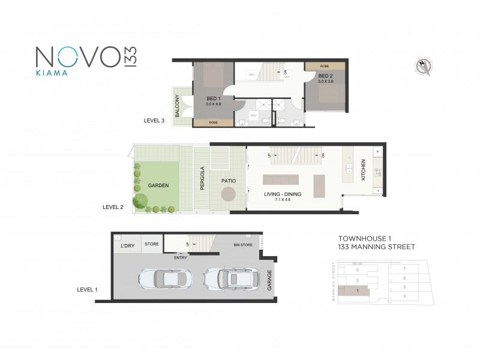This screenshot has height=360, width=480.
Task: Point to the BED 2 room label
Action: point(325,76)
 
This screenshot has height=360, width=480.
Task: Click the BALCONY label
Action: point(178,106)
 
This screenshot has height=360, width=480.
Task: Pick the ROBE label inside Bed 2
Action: point(325,65)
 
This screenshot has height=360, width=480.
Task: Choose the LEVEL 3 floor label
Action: point(154,121)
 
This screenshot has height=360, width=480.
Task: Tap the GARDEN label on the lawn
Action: point(158,185)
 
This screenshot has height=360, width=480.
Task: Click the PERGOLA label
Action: point(202,178)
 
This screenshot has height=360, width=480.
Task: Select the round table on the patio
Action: point(229,194)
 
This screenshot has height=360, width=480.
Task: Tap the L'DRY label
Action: point(127,246)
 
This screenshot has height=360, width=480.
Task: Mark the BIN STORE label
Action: point(242,245)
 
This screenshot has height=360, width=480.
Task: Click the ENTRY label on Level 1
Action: point(180,258)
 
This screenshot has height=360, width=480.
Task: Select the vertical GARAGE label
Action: point(269,280)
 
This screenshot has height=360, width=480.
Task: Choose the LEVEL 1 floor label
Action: point(88,289)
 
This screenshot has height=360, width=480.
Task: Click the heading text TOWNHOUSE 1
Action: point(360,237)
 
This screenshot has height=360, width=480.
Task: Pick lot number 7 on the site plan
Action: point(405,268)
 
